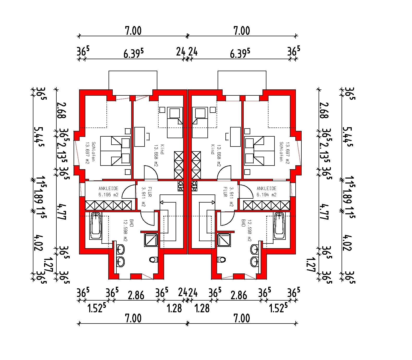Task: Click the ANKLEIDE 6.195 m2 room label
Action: (x=108, y=192)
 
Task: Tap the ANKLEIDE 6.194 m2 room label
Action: (x=266, y=192)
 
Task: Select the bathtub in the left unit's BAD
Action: (x=96, y=226)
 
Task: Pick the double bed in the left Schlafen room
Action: (x=116, y=151)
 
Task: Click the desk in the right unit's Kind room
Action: (x=235, y=137)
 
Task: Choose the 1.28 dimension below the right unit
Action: (x=202, y=308)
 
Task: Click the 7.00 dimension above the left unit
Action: (x=133, y=31)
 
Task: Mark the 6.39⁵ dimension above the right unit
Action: (x=240, y=53)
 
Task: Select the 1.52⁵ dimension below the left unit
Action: (x=97, y=308)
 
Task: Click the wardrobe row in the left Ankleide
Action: (x=109, y=205)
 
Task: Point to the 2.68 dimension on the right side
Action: (x=324, y=111)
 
